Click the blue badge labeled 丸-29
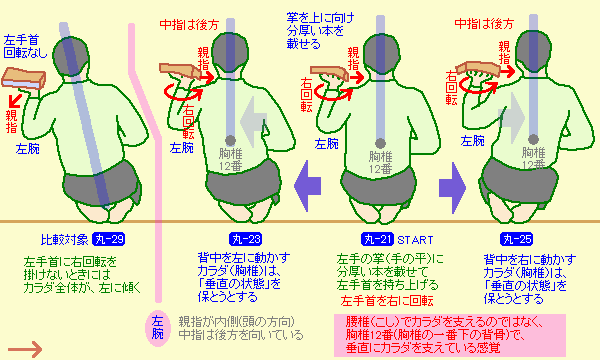click(109, 239)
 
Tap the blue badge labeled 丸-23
click(246, 239)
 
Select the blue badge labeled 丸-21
click(378, 239)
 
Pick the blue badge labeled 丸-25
click(517, 239)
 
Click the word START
click(416, 240)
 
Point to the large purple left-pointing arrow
click(307, 186)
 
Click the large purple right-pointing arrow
click(453, 188)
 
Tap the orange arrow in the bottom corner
click(25, 349)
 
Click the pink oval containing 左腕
click(157, 328)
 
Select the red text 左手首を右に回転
click(387, 301)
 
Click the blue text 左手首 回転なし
click(24, 46)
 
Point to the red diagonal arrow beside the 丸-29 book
click(15, 101)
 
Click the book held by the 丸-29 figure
click(23, 78)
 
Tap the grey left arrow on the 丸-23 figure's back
click(253, 122)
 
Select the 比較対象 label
click(64, 240)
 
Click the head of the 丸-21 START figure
click(380, 55)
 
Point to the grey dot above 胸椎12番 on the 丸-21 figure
click(380, 143)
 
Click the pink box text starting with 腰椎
click(450, 336)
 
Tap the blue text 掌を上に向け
click(320, 18)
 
